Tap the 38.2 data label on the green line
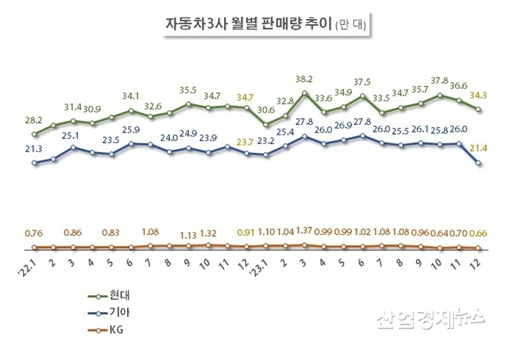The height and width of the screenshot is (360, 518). point(305,79)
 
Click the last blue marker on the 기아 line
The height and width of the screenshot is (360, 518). point(478,163)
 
